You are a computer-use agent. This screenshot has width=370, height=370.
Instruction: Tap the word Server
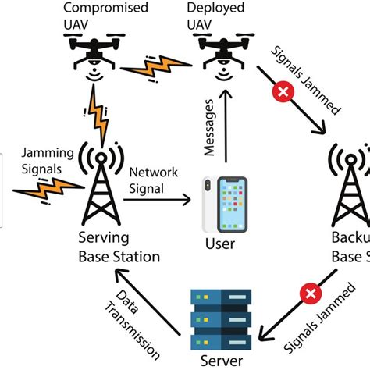click(x=221, y=361)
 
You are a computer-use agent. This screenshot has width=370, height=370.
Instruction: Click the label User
click(x=219, y=244)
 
